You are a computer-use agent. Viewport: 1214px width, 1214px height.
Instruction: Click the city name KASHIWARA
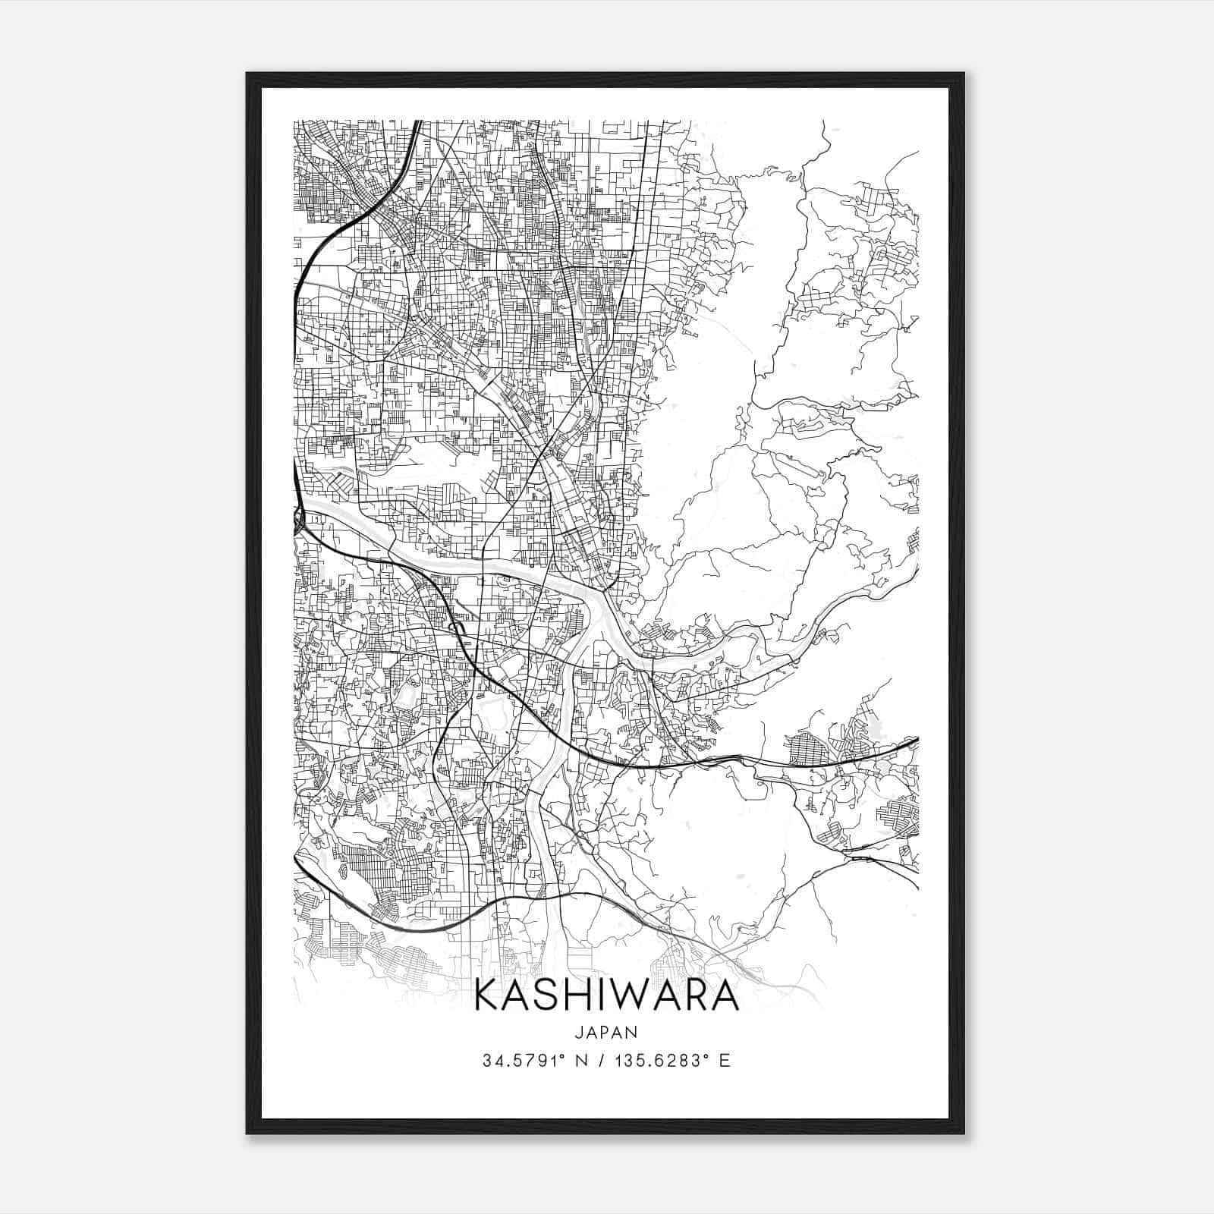coord(606,996)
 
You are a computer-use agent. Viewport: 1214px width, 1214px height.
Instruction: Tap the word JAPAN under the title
coord(606,1032)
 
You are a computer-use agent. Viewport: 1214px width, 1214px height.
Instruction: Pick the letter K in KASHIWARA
coord(488,996)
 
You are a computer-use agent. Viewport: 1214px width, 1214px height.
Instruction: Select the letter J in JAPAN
coord(579,1032)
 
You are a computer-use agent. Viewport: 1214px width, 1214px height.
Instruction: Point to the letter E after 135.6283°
coord(725,1061)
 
